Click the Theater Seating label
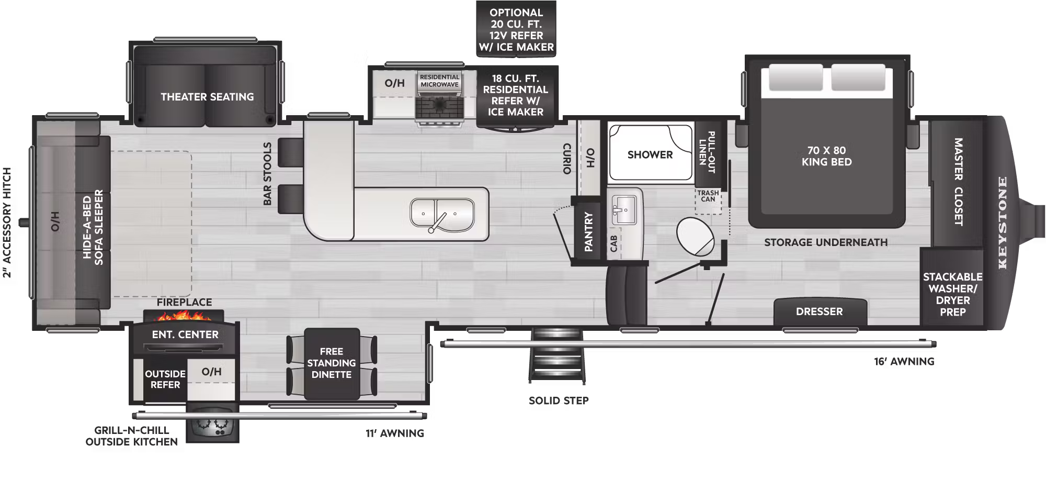(x=207, y=97)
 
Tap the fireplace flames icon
(x=184, y=316)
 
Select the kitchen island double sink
(x=442, y=215)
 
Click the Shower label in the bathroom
(x=650, y=154)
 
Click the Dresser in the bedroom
(x=819, y=311)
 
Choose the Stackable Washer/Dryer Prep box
(x=952, y=294)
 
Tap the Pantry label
(x=588, y=232)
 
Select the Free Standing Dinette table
(x=332, y=363)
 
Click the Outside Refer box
(x=165, y=380)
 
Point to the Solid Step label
(x=559, y=400)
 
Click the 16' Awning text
(x=904, y=361)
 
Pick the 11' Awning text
(x=395, y=433)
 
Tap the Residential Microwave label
(x=439, y=81)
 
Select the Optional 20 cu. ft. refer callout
(x=516, y=30)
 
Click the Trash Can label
(x=708, y=196)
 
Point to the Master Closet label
(x=958, y=182)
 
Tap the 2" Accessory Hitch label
(x=7, y=222)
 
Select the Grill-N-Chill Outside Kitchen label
(x=132, y=436)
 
